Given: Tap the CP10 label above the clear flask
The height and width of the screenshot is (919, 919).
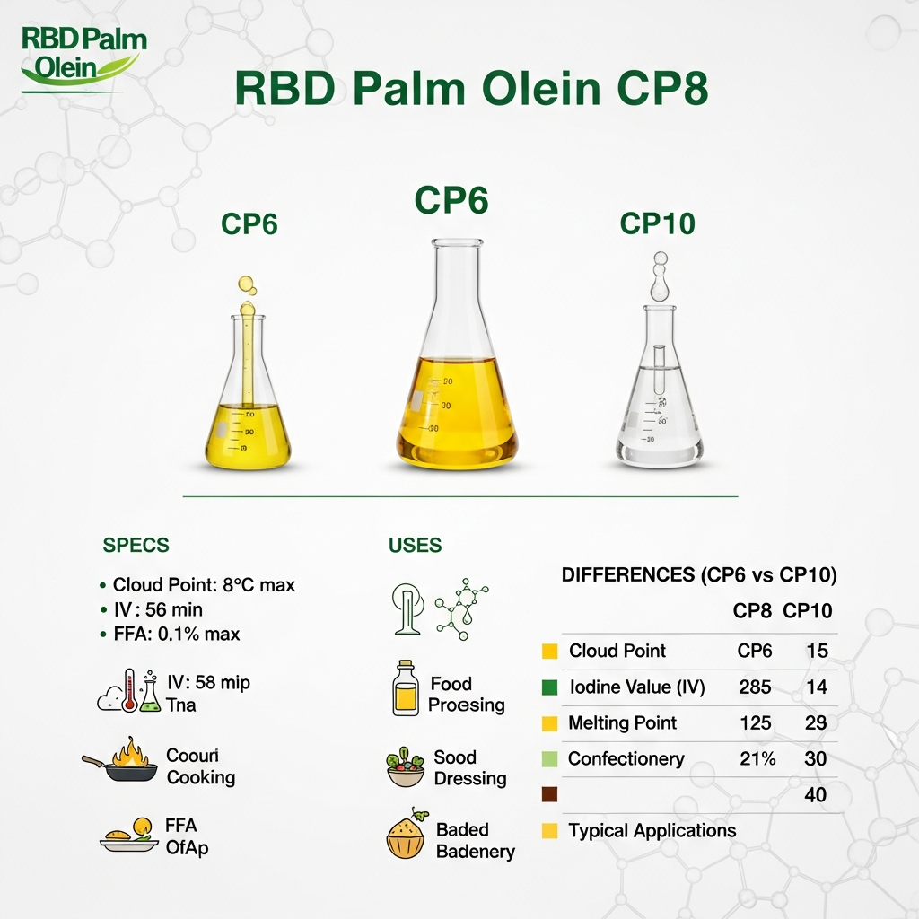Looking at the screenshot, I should pyautogui.click(x=657, y=223).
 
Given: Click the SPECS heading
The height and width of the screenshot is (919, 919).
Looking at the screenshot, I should pyautogui.click(x=136, y=546).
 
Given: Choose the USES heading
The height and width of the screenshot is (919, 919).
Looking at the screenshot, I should pyautogui.click(x=415, y=546).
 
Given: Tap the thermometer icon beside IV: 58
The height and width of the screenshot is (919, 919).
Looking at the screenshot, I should pyautogui.click(x=130, y=690).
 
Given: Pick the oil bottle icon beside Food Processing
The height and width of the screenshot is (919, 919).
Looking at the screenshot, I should pyautogui.click(x=406, y=689).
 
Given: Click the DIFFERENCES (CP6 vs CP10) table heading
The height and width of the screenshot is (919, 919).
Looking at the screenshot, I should pyautogui.click(x=699, y=575).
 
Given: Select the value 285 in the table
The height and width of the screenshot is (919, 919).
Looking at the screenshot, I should pyautogui.click(x=754, y=687).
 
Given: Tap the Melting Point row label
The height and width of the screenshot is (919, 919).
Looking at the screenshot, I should pyautogui.click(x=623, y=723).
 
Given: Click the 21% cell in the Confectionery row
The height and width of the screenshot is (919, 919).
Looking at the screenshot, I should pyautogui.click(x=757, y=759).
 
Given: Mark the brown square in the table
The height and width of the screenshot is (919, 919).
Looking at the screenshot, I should pyautogui.click(x=550, y=794).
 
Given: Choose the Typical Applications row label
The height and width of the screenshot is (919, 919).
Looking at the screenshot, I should pyautogui.click(x=652, y=831).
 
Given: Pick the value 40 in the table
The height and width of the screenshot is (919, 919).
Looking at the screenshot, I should pyautogui.click(x=815, y=795).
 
